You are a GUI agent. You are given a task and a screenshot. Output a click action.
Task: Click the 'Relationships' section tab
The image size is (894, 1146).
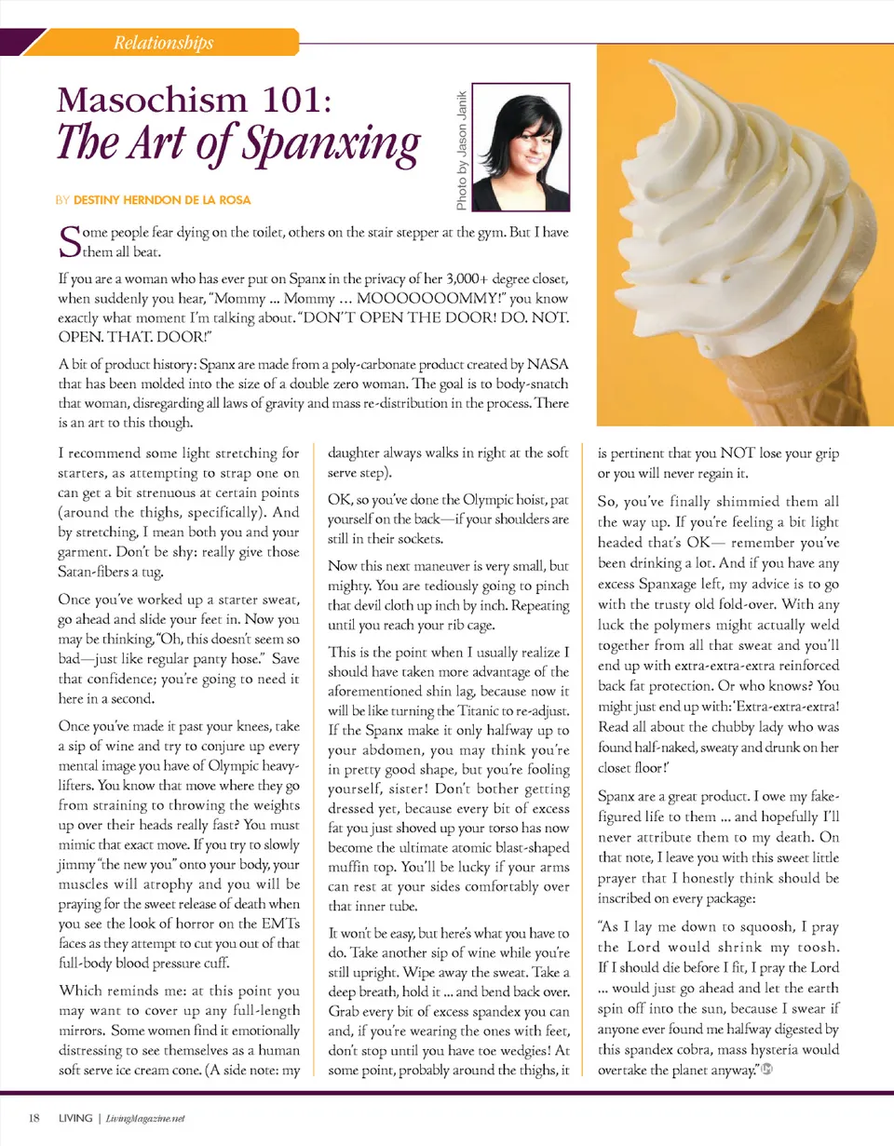point(163,43)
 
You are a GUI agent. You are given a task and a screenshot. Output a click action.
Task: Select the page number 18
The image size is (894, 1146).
point(34,1117)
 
